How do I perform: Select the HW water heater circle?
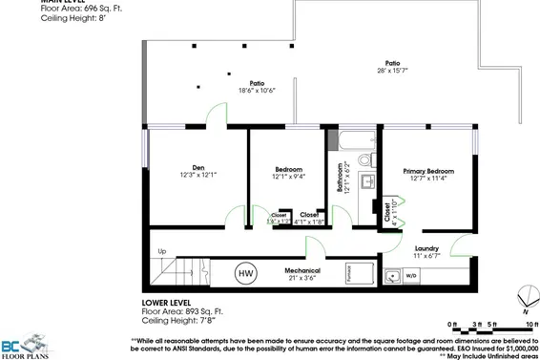pyautogui.click(x=245, y=273)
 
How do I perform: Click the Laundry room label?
pyautogui.click(x=426, y=248)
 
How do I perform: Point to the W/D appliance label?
pyautogui.click(x=411, y=276)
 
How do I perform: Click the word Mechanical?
pyautogui.click(x=301, y=271)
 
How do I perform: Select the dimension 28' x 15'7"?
pyautogui.click(x=391, y=71)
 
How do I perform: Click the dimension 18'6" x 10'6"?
pyautogui.click(x=257, y=91)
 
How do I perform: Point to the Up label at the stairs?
pyautogui.click(x=161, y=252)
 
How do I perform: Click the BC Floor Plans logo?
pyautogui.click(x=26, y=344)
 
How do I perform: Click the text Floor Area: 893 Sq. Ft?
pyautogui.click(x=182, y=311)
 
